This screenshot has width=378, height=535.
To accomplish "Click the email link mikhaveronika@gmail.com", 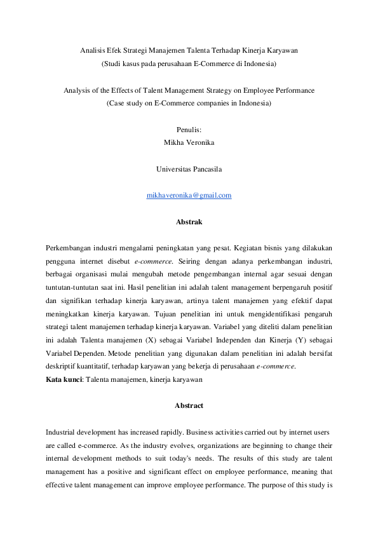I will click(x=189, y=196).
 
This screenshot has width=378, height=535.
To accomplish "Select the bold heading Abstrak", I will click(x=189, y=222).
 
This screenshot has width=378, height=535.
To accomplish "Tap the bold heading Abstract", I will click(x=189, y=405).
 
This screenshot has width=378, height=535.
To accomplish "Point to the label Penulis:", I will click(x=189, y=130).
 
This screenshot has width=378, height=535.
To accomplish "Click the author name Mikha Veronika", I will click(x=189, y=143).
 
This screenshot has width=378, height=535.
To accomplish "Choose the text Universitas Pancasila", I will click(x=189, y=169).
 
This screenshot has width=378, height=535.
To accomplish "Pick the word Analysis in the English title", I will click(x=77, y=90).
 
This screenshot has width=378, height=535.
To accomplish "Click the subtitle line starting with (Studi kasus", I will click(x=189, y=64).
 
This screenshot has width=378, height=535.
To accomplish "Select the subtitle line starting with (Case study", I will click(x=189, y=103).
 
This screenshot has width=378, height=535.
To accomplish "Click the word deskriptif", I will click(x=62, y=367).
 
